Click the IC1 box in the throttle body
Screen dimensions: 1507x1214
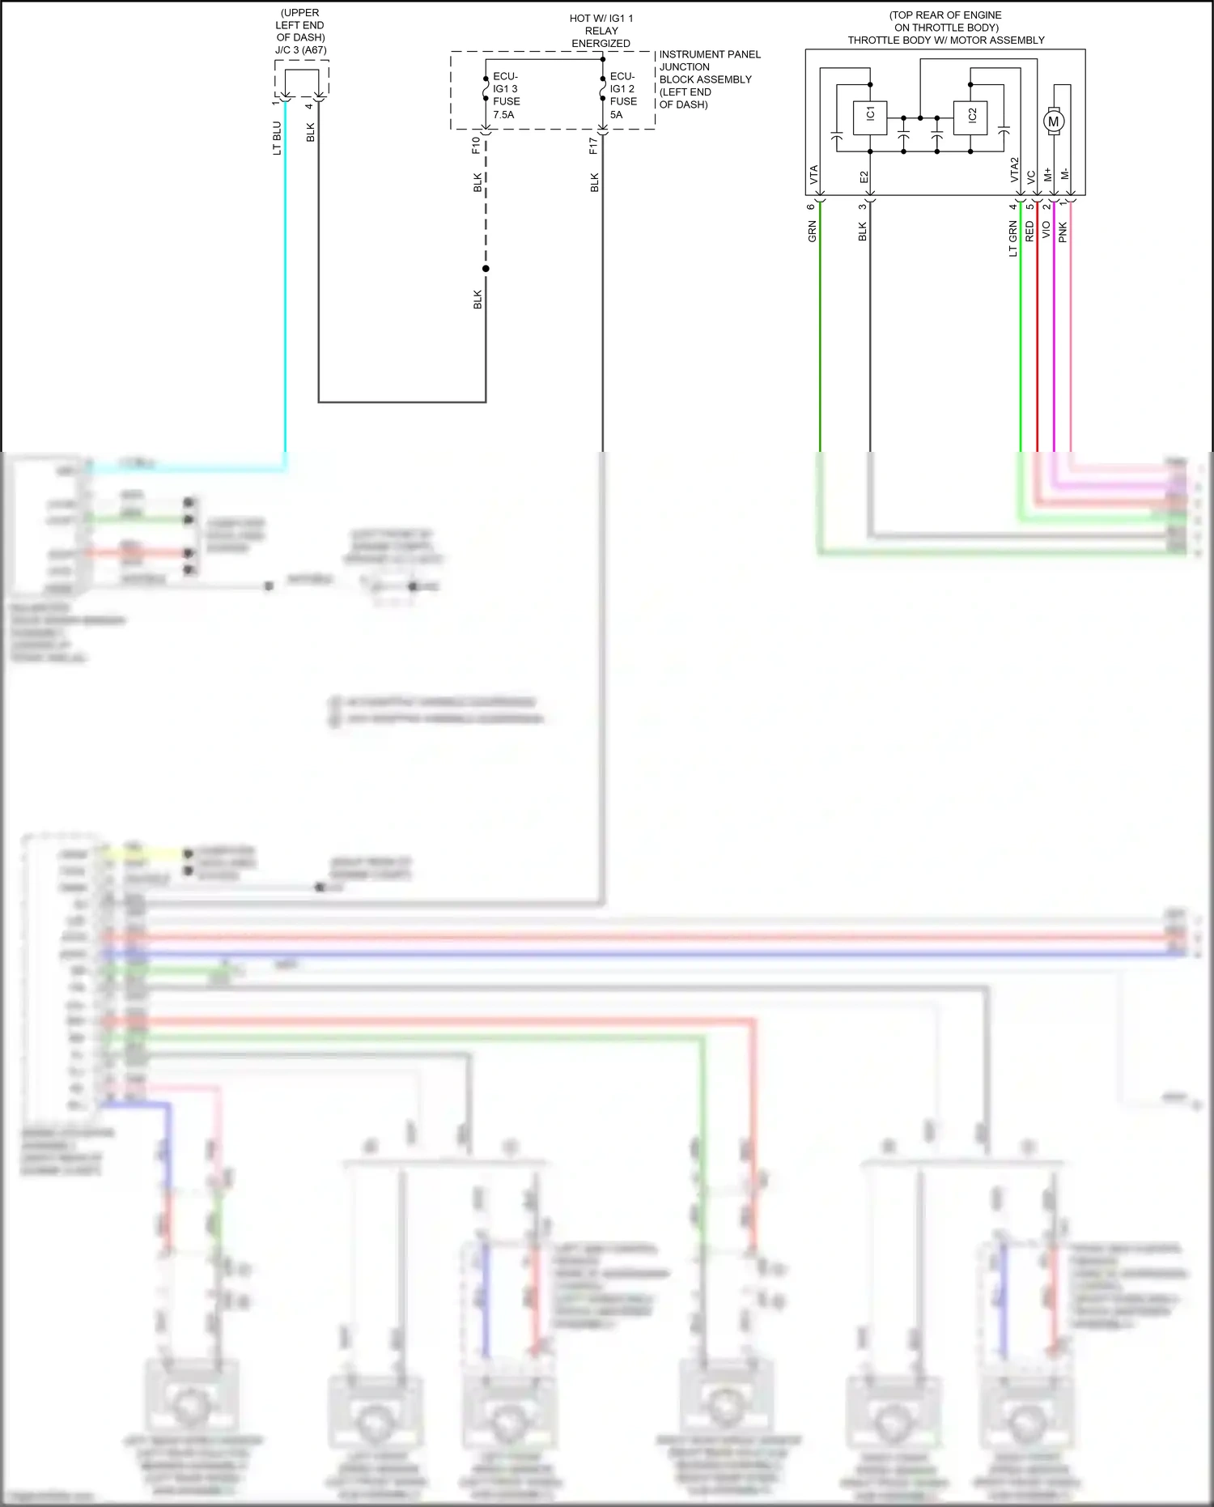pos(870,116)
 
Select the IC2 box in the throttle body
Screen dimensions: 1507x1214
pos(971,116)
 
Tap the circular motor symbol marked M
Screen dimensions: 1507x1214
pos(1053,121)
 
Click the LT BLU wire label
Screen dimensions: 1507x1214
pos(277,138)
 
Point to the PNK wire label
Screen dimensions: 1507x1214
pos(1063,232)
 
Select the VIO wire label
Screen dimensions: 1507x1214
pos(1046,230)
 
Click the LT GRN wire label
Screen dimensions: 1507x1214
pos(1012,240)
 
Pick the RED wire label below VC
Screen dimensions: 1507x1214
pos(1029,232)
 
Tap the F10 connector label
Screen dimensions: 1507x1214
pos(476,145)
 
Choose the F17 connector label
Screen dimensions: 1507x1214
pos(593,145)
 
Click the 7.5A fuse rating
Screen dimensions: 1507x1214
pos(503,115)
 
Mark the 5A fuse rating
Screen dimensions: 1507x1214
pos(617,115)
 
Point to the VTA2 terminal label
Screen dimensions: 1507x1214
pos(1014,170)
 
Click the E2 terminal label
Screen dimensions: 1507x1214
pos(864,177)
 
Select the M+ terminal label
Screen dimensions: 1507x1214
pos(1048,175)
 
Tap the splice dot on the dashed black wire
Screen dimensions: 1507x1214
pos(486,269)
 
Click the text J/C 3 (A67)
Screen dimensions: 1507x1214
pos(300,50)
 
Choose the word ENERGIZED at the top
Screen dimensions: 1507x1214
pos(601,44)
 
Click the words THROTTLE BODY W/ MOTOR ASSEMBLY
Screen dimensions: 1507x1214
pos(946,40)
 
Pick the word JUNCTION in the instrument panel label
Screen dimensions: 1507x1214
pos(684,67)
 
